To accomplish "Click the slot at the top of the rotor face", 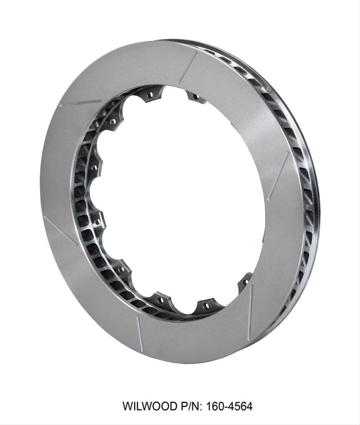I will coord(188,67).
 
